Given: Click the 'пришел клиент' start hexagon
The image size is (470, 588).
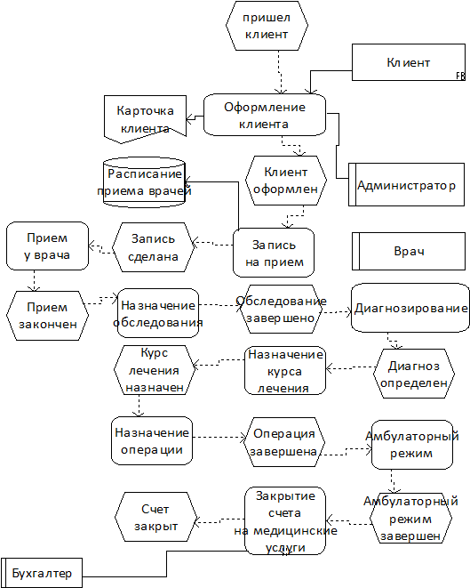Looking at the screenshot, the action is click(267, 26).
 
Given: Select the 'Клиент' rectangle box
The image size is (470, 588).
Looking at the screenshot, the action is click(409, 62).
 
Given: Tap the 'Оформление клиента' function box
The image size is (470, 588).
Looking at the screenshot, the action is click(265, 115).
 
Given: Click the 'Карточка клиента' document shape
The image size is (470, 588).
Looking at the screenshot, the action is click(145, 119).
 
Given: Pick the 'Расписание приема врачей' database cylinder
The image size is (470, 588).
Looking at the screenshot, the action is click(144, 182).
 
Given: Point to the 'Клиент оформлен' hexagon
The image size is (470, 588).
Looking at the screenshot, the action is click(286, 181).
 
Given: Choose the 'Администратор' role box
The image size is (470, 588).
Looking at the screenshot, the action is click(406, 184).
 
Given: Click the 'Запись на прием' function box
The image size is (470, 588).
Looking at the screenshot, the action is click(274, 253).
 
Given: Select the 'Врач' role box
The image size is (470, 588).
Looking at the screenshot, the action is click(409, 251).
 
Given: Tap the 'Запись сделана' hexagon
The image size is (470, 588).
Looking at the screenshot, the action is click(154, 247).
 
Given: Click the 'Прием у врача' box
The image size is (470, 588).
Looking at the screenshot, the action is click(48, 246).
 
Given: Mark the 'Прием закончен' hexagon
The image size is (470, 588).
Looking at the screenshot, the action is click(48, 316).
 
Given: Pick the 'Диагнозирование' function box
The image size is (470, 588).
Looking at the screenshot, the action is click(410, 308).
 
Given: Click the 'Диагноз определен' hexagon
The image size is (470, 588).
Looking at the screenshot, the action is click(414, 374).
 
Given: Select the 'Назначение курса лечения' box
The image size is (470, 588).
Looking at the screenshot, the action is click(285, 370).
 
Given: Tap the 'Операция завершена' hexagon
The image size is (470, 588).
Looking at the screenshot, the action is click(284, 442).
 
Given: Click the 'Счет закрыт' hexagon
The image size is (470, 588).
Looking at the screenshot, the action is click(155, 517).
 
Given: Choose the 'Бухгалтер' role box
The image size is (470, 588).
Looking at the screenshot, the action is click(42, 573).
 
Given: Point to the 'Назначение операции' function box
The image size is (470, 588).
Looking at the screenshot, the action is click(152, 440).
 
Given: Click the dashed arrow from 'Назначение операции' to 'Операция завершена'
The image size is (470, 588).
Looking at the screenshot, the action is click(219, 438).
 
